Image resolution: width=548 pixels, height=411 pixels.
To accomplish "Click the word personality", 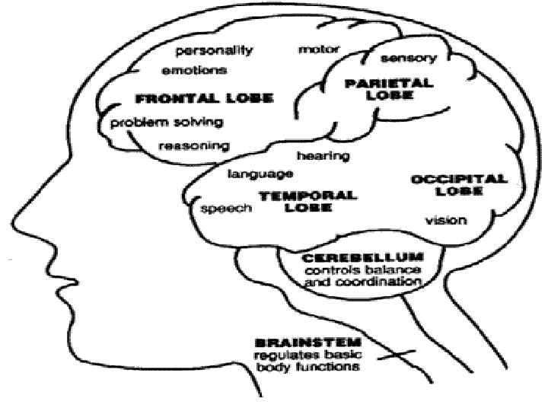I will coord(215,51).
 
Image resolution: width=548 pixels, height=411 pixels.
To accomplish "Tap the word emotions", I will coord(194,71).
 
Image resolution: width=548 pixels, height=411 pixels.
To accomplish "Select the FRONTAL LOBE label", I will coord(203,99).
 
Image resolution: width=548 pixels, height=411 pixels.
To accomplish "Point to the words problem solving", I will coord(166,122).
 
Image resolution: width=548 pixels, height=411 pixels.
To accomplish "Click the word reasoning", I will coord(194,145).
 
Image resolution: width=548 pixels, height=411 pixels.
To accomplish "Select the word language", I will coord(260,174).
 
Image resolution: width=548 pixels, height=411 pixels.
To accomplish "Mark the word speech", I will coord(225,208).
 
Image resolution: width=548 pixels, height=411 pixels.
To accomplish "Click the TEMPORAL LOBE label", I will coord(307,201).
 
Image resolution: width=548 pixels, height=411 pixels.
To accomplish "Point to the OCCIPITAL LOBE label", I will coord(459,185).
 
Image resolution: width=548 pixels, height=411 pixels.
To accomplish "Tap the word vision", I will coord(445,221).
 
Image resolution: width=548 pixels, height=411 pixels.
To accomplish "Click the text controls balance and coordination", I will coord(362,276).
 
